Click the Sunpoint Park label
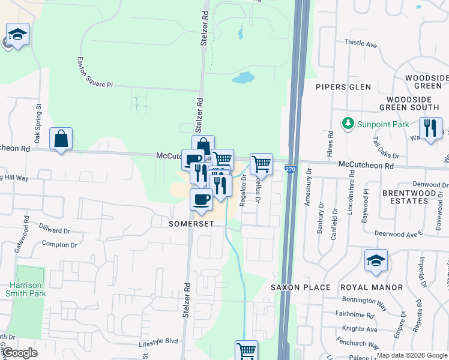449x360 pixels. (x=384, y=124)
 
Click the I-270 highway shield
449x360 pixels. (x=290, y=170)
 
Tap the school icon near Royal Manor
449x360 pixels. (x=376, y=261)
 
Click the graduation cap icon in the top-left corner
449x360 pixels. (x=17, y=34)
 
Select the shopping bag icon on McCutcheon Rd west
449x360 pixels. (x=61, y=139)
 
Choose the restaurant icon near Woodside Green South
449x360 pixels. (x=430, y=129)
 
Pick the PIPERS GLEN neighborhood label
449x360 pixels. (x=343, y=87)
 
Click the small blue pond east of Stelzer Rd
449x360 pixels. (x=243, y=78)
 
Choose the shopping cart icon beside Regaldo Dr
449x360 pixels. (x=261, y=163)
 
